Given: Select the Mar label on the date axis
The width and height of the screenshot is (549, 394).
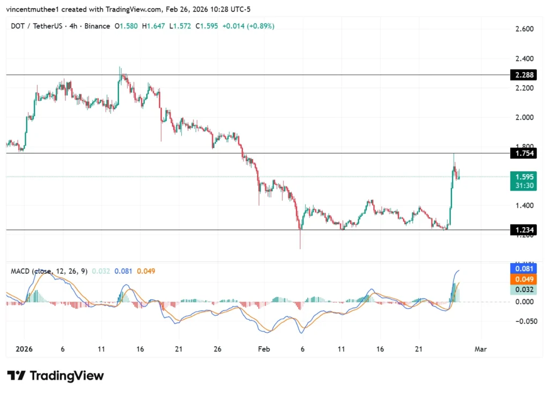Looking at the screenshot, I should (480, 349).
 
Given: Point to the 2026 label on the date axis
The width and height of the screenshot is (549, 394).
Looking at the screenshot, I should (24, 349).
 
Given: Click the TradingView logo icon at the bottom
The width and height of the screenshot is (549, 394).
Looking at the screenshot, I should (17, 375).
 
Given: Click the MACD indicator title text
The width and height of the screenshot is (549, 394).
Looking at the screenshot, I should (48, 271).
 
